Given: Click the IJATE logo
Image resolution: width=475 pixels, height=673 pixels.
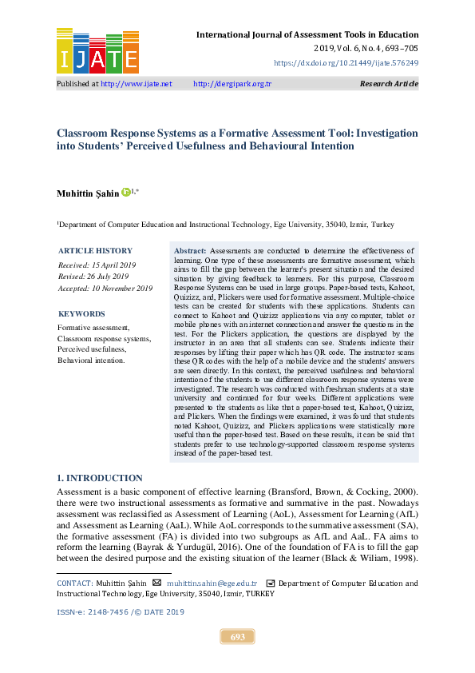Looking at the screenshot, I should [97, 50].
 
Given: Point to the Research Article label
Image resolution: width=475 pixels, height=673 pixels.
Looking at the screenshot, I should [389, 84].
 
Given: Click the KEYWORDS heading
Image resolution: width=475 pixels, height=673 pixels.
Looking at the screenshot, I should [81, 314].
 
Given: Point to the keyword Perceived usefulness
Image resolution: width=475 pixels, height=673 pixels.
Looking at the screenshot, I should [92, 349].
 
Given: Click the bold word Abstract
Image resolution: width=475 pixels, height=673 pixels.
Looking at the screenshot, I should [190, 251].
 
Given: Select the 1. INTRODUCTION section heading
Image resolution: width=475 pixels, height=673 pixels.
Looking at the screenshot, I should [100, 478].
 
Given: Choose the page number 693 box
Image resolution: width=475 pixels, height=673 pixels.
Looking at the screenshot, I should [237, 637].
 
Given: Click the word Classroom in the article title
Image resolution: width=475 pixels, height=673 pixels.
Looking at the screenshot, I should [85, 133].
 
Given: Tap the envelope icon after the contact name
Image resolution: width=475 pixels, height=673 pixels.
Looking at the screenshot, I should [156, 583].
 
